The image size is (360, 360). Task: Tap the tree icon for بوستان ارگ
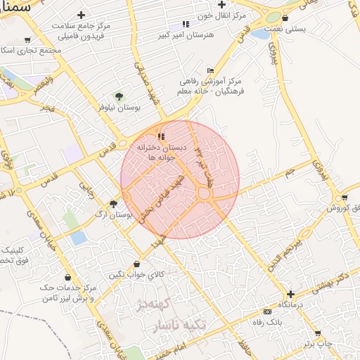click(113, 202)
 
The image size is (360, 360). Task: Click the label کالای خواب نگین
click(136, 274)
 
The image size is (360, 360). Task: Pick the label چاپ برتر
click(318, 344)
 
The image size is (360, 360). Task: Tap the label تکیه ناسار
click(176, 327)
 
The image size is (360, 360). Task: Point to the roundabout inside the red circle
click(206, 193)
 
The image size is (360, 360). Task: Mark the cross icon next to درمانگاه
click(290, 294)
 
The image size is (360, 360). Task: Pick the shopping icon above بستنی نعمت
click(285, 19)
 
